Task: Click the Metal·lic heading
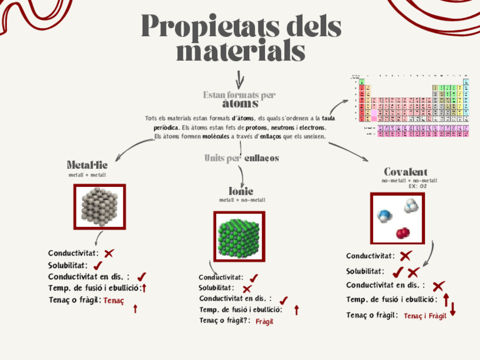87,165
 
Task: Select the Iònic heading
241,191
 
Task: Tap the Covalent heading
405,171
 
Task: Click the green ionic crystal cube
239,235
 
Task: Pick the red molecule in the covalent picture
402,232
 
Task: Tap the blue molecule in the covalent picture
385,215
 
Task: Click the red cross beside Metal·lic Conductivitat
109,253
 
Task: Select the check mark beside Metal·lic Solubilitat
97,265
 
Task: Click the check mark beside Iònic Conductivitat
254,277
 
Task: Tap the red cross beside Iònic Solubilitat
247,289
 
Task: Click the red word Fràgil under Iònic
264,322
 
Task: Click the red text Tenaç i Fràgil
425,316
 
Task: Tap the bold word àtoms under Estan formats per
240,104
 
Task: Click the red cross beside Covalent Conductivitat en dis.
439,286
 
